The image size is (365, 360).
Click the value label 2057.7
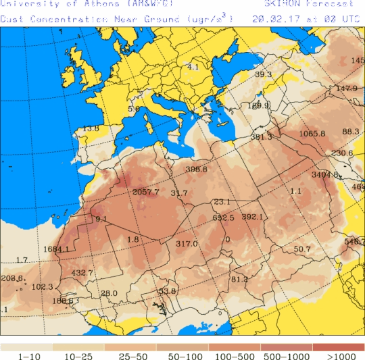pos(146,192)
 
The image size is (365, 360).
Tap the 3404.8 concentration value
pos(325,175)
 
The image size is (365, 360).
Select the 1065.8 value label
pos(312,134)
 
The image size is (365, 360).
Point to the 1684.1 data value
pos(56,249)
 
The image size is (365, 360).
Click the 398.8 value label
pos(197,170)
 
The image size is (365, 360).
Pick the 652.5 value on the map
pos(223,218)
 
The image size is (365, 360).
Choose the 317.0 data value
pos(187,244)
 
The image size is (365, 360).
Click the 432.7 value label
pos(82,273)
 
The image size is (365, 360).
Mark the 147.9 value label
pos(347,88)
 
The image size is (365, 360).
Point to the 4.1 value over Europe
pos(193,67)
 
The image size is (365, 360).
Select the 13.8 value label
pos(91,128)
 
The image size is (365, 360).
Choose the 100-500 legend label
pos(235,356)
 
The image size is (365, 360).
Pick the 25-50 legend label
pos(130,356)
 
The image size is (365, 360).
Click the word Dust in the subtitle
pos(12,18)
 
